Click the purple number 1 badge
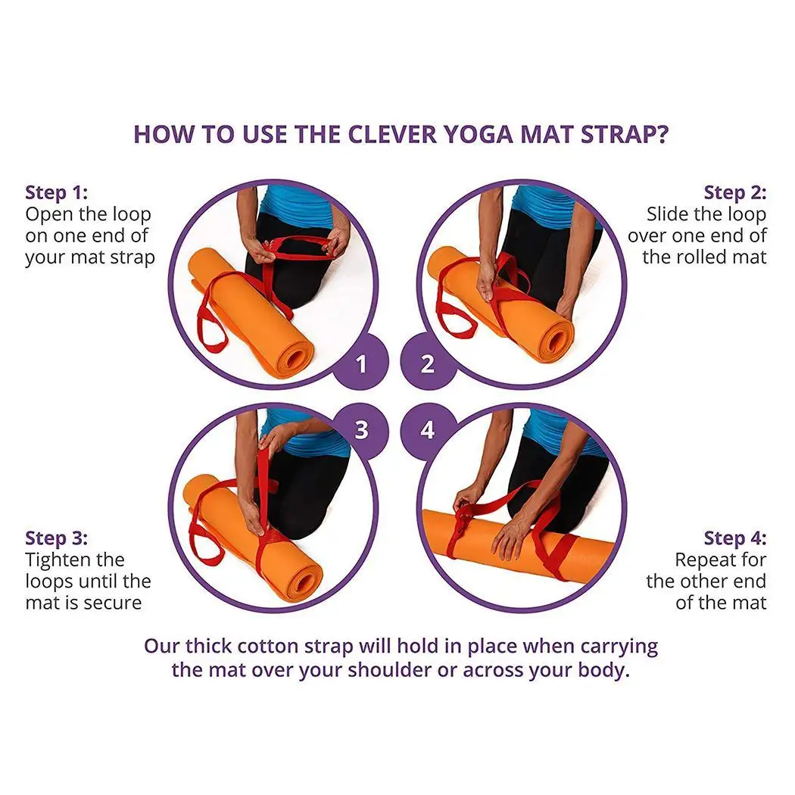pyautogui.click(x=361, y=362)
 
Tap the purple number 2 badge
pyautogui.click(x=428, y=362)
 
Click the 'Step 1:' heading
pyautogui.click(x=56, y=192)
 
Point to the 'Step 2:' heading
pyautogui.click(x=735, y=192)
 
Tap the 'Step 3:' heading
pyautogui.click(x=56, y=538)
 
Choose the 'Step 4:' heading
pyautogui.click(x=735, y=538)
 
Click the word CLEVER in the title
pyautogui.click(x=392, y=134)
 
